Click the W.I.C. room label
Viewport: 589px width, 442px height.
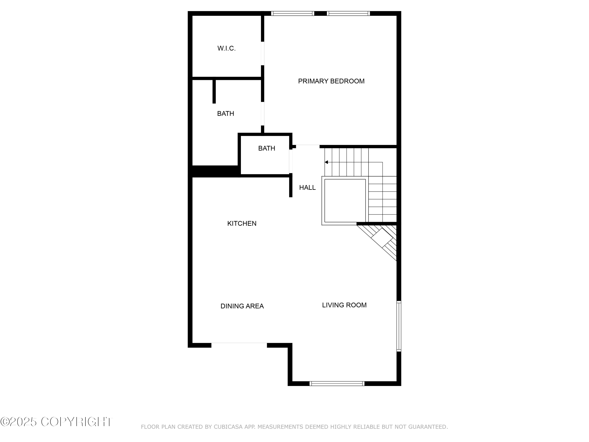(x=226, y=49)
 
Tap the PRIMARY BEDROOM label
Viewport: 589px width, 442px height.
(x=331, y=81)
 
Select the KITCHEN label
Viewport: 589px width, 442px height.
(x=242, y=224)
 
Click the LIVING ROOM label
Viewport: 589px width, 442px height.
(x=344, y=305)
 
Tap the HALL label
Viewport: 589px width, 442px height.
(x=307, y=188)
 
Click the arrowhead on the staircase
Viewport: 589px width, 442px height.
(x=326, y=162)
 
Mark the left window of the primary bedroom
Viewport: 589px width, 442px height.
(x=292, y=13)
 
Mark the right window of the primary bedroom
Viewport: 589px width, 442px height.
(x=348, y=13)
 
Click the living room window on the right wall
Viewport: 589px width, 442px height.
(x=399, y=326)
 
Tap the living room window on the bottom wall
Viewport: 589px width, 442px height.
(x=337, y=383)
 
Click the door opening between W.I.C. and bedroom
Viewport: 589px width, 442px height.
(x=262, y=54)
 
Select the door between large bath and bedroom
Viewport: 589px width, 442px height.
(x=262, y=114)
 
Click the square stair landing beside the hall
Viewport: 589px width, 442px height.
(x=345, y=201)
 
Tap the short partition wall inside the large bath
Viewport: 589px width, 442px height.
(x=214, y=91)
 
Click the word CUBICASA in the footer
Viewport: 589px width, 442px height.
(x=228, y=427)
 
